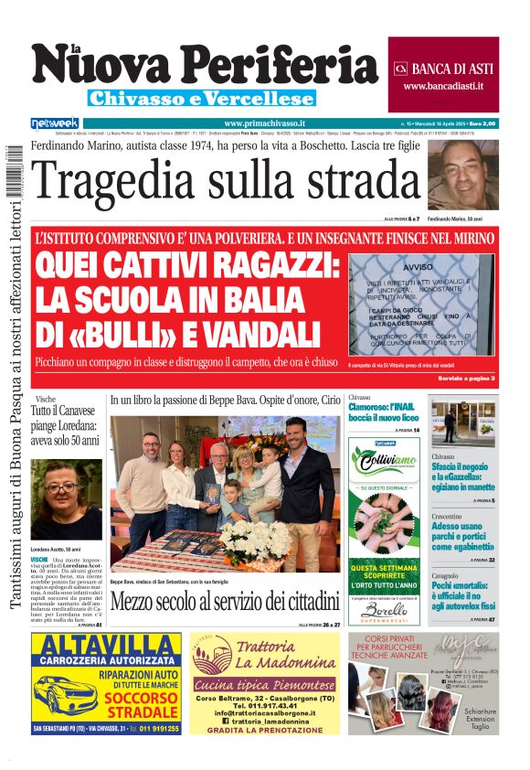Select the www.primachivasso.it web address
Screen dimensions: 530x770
264,123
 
